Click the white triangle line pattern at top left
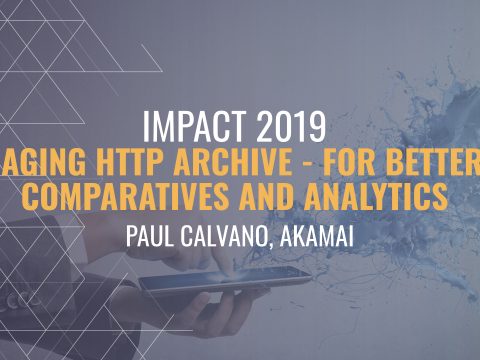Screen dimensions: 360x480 [x=50, y=50]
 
